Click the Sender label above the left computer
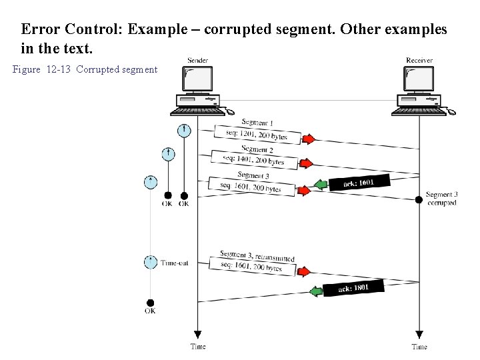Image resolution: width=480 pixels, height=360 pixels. (x=197, y=61)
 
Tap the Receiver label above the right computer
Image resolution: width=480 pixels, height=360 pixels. (x=419, y=61)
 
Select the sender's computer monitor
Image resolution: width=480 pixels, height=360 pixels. (x=197, y=80)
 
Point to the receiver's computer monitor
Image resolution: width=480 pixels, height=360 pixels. (x=419, y=80)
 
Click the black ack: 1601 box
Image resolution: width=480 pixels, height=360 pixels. (x=357, y=183)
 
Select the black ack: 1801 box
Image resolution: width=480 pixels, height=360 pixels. (x=353, y=289)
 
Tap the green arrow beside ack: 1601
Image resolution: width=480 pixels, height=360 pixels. (x=320, y=184)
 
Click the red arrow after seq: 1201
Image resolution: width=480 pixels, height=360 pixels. (x=308, y=139)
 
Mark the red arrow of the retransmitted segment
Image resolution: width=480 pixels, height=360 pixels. (x=304, y=272)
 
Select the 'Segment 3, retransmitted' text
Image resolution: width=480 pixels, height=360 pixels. (x=257, y=256)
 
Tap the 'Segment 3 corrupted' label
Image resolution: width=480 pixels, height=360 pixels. (x=441, y=199)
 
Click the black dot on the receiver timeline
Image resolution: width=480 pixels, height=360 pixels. (x=419, y=199)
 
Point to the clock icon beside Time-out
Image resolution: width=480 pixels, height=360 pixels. (x=151, y=262)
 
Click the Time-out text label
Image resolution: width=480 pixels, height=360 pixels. (x=174, y=263)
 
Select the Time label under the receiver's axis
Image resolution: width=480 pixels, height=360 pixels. (x=419, y=347)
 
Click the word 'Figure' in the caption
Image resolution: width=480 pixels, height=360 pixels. (x=27, y=70)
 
